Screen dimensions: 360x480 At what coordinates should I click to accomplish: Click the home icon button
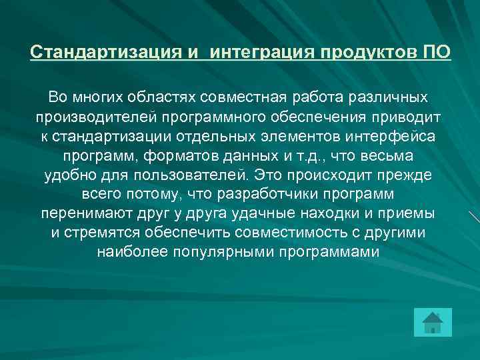pos(432,322)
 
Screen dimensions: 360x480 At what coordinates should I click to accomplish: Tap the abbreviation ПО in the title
pos(436,52)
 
